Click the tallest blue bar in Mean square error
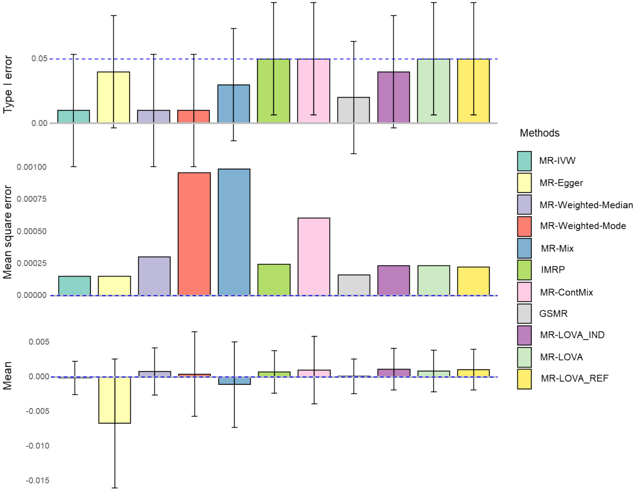pos(234,232)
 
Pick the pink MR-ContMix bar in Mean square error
pos(314,256)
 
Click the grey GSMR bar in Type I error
pos(353,110)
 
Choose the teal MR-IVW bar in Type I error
pos(73,116)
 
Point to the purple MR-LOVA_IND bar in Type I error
pos(393,97)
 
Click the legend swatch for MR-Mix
pos(524,248)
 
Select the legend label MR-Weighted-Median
pos(586,205)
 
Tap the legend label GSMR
pos(553,313)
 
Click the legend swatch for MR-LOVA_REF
pos(524,379)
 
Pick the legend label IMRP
pos(552,270)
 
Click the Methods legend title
pos(539,133)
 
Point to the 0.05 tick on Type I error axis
pos(39,59)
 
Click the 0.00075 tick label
pos(32,199)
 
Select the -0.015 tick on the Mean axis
pos(38,480)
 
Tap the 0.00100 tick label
pos(32,167)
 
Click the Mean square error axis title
pos(8,232)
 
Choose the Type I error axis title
pos(8,84)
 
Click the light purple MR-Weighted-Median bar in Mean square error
pos(154,276)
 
